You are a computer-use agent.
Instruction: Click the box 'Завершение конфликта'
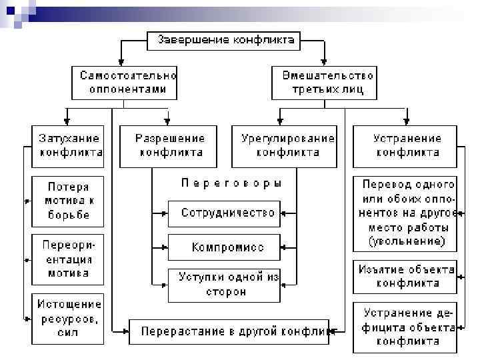tap(225, 40)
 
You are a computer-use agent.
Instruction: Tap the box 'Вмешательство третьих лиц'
tap(324, 81)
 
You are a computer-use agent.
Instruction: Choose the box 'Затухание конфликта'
tap(68, 145)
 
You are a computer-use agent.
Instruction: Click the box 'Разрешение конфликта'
tap(169, 145)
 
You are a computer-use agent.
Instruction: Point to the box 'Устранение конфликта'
tap(405, 145)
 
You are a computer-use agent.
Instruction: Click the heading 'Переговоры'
tap(231, 182)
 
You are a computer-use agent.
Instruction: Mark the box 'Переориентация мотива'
tap(68, 259)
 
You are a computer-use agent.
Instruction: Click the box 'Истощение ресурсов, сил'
tap(68, 319)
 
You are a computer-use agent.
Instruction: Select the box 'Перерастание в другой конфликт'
tap(229, 331)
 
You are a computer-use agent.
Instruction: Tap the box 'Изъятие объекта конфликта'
tap(405, 276)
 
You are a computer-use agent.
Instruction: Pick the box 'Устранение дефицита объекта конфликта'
tap(405, 327)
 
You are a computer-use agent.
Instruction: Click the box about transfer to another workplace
tap(405, 212)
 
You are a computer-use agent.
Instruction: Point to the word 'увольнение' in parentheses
tap(407, 241)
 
